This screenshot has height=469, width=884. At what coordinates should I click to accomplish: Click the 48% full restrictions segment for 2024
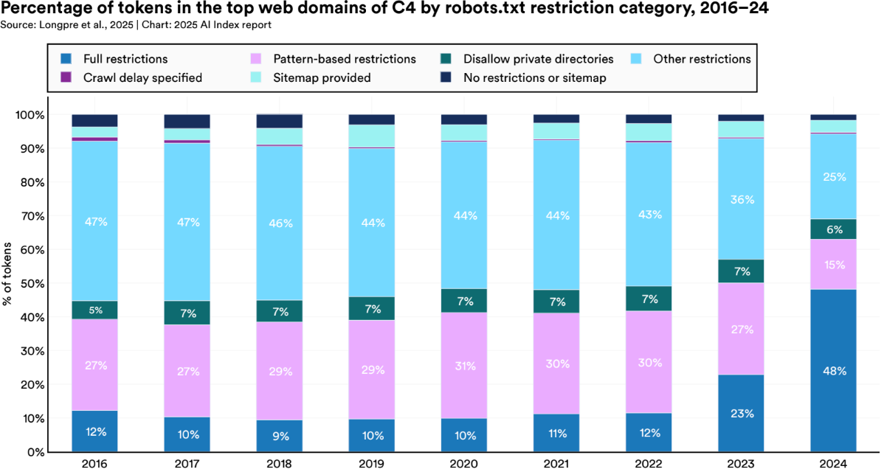(x=832, y=370)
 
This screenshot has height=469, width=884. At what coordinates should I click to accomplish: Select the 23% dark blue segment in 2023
(x=740, y=413)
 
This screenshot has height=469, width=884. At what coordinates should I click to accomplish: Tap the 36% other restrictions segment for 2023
(x=740, y=199)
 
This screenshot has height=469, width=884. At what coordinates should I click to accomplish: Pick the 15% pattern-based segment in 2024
(x=832, y=264)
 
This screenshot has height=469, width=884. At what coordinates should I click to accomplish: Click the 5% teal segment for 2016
(x=94, y=310)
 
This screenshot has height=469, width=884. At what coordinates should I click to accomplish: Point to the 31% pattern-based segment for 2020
(x=463, y=365)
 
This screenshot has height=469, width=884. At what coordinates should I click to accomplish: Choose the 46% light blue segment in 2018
(x=279, y=222)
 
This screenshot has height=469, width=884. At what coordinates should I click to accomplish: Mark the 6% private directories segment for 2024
(x=832, y=229)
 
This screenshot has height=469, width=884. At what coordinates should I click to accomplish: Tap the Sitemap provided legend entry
(x=321, y=77)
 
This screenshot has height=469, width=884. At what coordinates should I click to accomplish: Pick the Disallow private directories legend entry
(x=538, y=59)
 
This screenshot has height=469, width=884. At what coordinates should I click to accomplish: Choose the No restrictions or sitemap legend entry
(x=534, y=77)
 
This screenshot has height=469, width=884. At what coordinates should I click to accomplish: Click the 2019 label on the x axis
(x=372, y=462)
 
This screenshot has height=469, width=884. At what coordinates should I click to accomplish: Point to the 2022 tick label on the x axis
(x=649, y=462)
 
